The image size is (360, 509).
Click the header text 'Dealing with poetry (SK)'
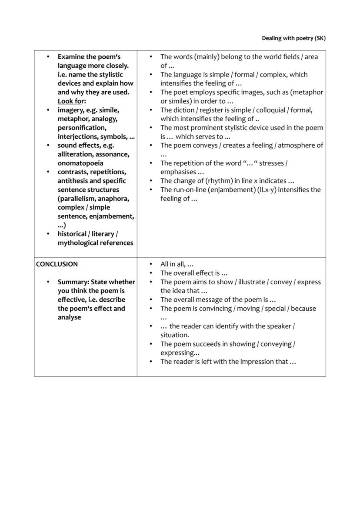pos(293,38)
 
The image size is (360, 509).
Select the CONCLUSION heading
pos(57,264)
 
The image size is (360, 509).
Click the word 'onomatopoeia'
pos(80,163)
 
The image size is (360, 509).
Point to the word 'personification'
pos(82,128)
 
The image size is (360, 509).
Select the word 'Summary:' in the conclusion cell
pos(73,282)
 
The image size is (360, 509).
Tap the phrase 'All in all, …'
pos(177,264)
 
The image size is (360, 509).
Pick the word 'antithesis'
pos(75,181)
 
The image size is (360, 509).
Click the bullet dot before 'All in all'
pos(151,264)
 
